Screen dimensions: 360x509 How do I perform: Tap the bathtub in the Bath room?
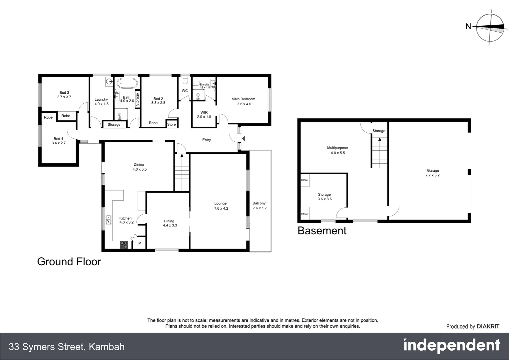tap(127, 83)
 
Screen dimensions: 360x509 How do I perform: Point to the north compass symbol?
tap(489, 28)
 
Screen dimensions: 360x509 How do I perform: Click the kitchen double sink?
tap(109, 220)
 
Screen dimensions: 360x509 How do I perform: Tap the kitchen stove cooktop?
tap(124, 245)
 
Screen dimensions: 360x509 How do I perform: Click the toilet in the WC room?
tap(185, 81)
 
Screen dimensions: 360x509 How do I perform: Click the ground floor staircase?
tap(182, 173)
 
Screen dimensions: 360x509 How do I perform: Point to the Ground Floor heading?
tap(69, 262)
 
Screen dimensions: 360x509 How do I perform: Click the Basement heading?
tap(322, 231)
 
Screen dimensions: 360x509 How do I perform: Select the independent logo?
tap(451, 346)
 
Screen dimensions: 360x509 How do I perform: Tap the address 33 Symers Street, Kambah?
tap(67, 347)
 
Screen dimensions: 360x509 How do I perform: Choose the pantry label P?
tap(140, 244)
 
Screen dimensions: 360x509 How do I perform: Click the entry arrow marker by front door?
tap(243, 138)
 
